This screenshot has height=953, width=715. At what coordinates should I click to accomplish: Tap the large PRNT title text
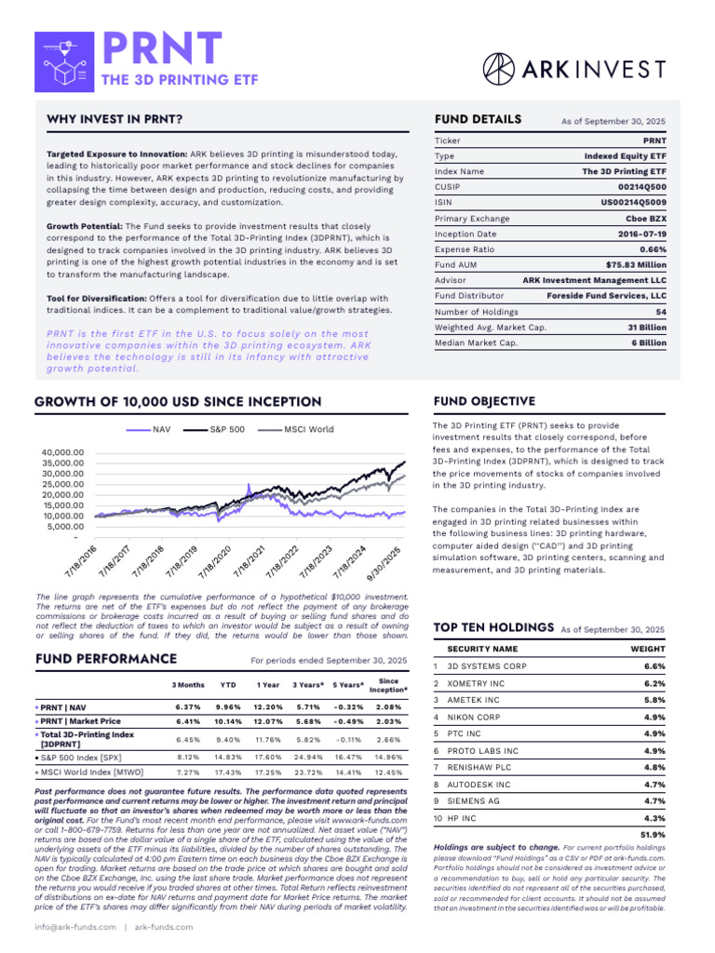(162, 48)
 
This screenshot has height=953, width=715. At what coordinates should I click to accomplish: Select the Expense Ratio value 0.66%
(649, 250)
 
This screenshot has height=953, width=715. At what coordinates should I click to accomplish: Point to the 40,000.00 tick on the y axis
(62, 452)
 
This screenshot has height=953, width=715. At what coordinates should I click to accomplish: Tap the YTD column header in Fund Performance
(227, 685)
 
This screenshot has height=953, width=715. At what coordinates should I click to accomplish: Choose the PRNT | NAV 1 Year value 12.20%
(268, 706)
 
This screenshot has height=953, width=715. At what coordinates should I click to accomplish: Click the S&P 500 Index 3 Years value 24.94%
(308, 757)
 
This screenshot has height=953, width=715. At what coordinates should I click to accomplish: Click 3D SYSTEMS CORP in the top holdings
(487, 666)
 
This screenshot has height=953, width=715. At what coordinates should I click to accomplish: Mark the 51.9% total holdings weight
(654, 835)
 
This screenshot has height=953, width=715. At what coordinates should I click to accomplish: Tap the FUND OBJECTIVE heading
(484, 401)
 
